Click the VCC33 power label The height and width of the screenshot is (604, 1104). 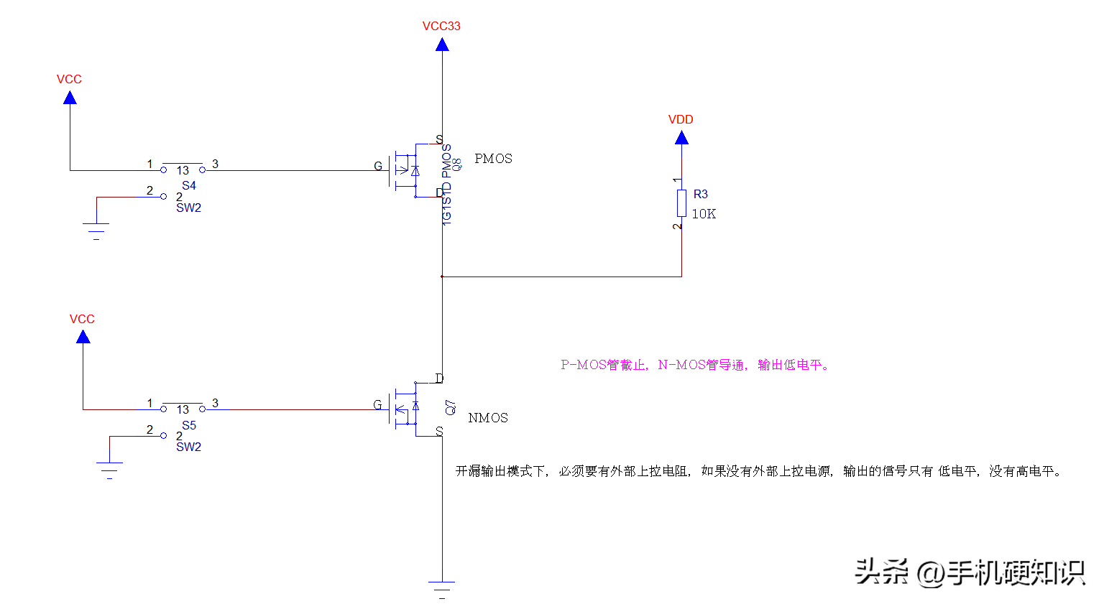tap(441, 26)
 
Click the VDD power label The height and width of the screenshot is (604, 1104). tap(681, 119)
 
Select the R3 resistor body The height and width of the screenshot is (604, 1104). tap(681, 203)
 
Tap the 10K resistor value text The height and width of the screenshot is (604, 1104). tap(704, 214)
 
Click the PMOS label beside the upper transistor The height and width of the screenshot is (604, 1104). tap(493, 159)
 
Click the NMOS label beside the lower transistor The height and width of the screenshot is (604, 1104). tap(488, 418)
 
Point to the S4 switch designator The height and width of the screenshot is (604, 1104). tap(189, 185)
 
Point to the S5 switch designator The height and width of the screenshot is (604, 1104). tap(189, 425)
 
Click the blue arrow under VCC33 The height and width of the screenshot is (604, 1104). tap(442, 45)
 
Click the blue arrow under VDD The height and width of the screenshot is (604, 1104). tap(681, 138)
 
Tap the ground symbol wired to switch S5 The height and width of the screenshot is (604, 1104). tap(109, 469)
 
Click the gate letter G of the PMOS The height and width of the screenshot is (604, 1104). tap(378, 167)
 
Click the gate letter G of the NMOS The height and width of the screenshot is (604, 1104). tap(377, 405)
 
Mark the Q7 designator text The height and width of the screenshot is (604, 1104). tap(451, 407)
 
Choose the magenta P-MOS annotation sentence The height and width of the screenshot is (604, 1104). tap(695, 365)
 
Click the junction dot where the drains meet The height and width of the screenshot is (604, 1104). tap(442, 277)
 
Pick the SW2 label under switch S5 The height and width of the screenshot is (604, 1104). tap(188, 447)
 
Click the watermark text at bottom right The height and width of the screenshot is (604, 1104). tap(970, 572)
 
